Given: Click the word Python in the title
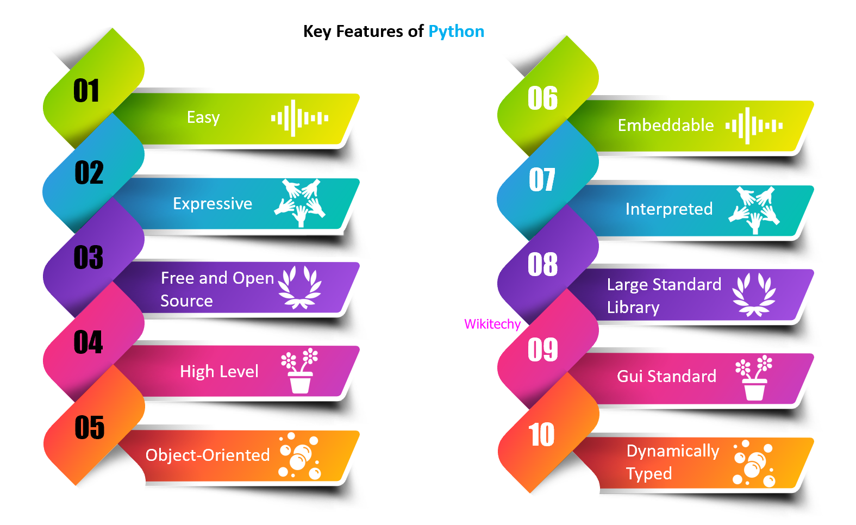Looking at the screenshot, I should (456, 32).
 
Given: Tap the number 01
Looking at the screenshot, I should (86, 91).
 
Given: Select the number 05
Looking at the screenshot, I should (90, 428).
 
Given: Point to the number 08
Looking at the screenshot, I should (542, 265).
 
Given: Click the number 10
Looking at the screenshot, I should (541, 435).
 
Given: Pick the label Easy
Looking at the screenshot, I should (203, 117).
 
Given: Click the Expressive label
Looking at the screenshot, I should (213, 204).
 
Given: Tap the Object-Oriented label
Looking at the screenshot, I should (208, 455).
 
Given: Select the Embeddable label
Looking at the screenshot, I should (666, 126).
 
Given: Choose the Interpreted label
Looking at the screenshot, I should (669, 209).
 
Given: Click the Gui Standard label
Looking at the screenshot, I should (667, 376).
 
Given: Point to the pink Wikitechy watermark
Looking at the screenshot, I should (492, 324).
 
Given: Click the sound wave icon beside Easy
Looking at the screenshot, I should (299, 118).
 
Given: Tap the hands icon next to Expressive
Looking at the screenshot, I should (300, 203).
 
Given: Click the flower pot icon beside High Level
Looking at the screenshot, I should (299, 371).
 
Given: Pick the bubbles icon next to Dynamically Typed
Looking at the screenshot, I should (753, 463).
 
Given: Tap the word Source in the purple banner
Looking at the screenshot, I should (186, 301).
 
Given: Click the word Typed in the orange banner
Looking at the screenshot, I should (649, 474).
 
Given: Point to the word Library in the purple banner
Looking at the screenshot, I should (633, 308).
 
